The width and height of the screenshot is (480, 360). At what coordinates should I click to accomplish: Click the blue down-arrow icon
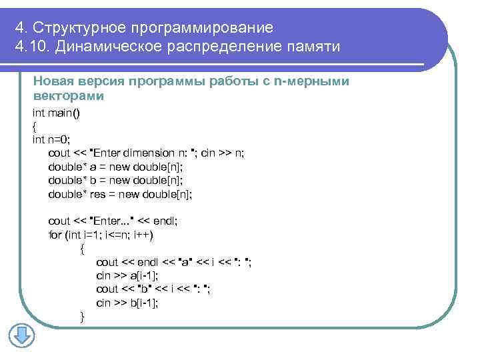21,335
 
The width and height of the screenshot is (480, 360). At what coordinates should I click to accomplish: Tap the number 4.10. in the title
31,47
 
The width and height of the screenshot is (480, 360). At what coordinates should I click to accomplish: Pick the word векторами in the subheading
69,96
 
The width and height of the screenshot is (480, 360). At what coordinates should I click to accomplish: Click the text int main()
57,113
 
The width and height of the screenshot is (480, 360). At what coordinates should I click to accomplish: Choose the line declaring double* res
121,194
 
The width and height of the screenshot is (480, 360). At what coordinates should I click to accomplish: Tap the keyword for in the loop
55,235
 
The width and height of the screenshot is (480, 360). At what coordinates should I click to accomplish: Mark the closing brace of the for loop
82,316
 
